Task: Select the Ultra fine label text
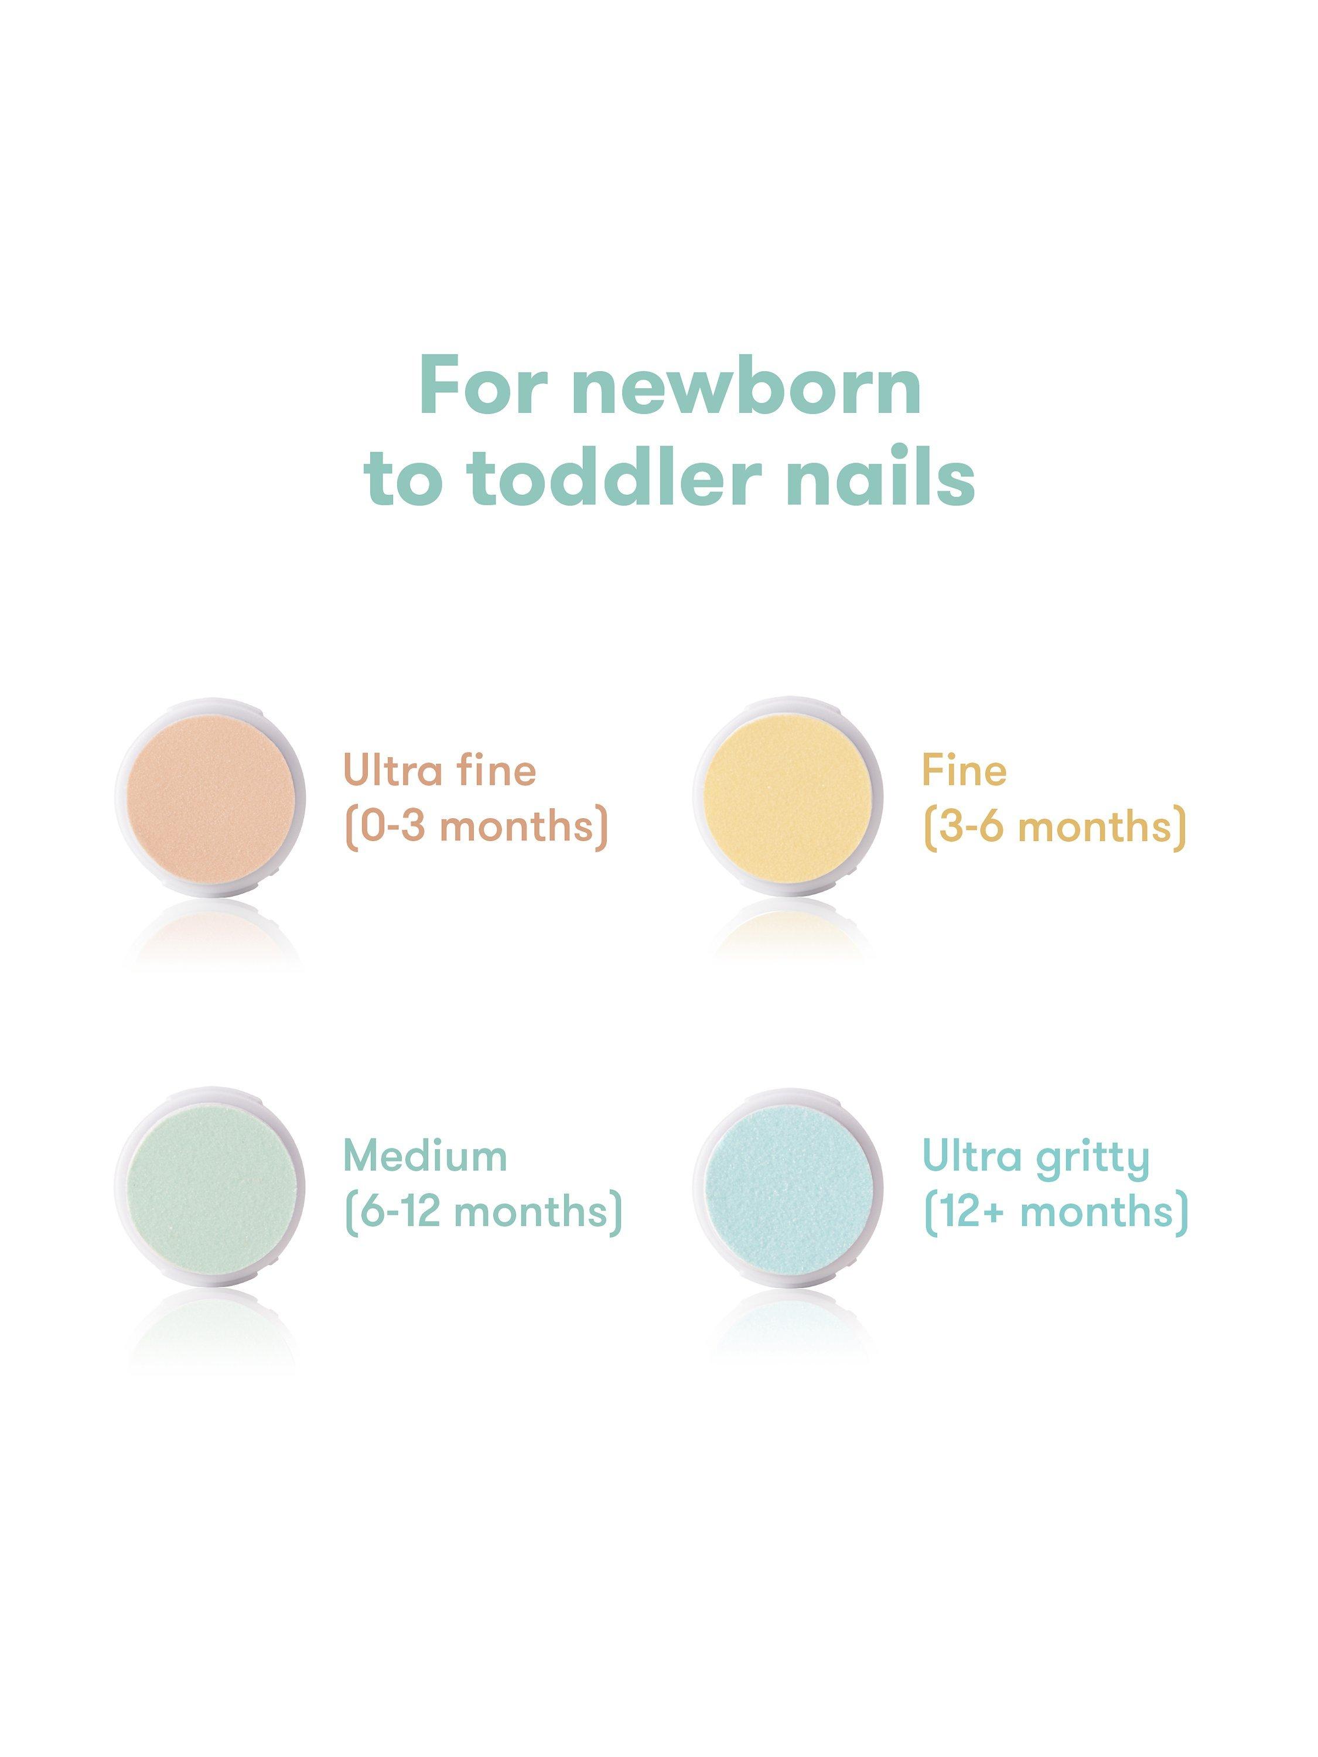tap(439, 771)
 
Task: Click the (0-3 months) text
tap(476, 827)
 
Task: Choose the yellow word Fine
tap(964, 771)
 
